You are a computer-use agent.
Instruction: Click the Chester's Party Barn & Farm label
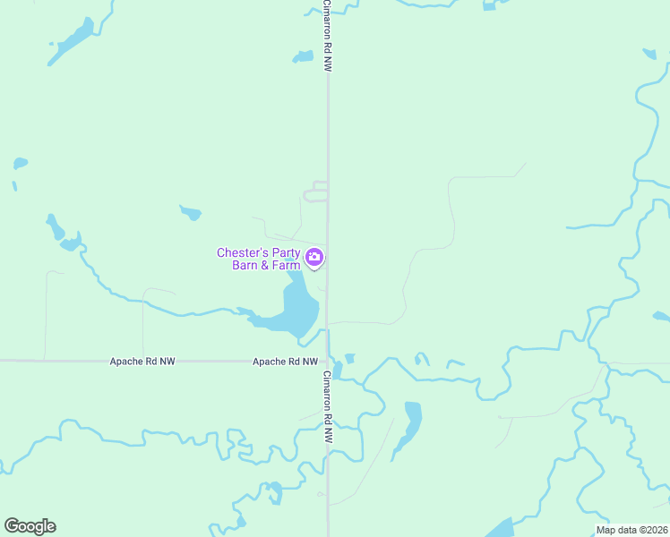[x=259, y=259]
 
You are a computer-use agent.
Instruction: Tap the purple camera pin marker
[x=314, y=258]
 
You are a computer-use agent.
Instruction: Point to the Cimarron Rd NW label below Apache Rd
[x=328, y=408]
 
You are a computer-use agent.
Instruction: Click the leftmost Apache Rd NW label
[x=142, y=362]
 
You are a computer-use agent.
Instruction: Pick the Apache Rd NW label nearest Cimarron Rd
[x=285, y=362]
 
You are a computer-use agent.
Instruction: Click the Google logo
[x=30, y=526]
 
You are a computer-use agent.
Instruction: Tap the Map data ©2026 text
[x=631, y=530]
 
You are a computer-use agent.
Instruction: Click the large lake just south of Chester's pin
[x=298, y=309]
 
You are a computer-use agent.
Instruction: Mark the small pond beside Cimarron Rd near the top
[x=303, y=57]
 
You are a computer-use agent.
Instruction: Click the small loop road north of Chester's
[x=316, y=192]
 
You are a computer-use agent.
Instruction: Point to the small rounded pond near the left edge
[x=20, y=164]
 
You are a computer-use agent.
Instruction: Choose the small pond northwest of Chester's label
[x=190, y=213]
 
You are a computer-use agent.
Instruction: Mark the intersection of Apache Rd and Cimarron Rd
[x=328, y=362]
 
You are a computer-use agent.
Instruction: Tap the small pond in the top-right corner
[x=649, y=54]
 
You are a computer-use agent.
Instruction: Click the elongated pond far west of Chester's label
[x=56, y=228]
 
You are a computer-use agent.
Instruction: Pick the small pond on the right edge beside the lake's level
[x=661, y=316]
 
